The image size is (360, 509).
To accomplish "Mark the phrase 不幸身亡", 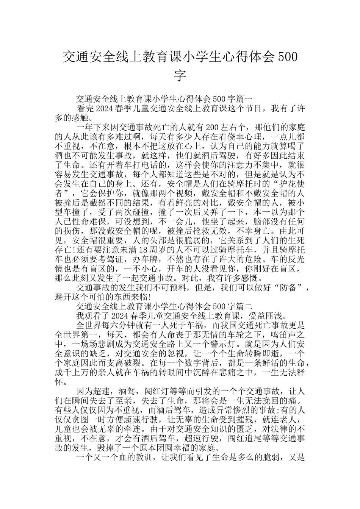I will pyautogui.click(x=252, y=231).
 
